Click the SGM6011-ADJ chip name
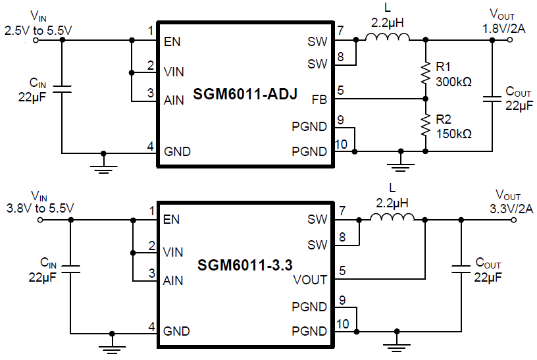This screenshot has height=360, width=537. tap(245, 95)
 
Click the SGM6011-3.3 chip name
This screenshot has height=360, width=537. tap(245, 266)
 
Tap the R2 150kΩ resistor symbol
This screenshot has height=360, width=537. tap(425, 126)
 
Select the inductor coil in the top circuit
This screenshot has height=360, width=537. tap(387, 39)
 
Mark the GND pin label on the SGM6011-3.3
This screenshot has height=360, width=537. tap(177, 330)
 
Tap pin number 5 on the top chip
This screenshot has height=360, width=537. tap(340, 90)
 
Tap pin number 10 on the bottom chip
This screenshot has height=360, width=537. tap(342, 324)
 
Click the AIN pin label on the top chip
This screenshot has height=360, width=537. tap(174, 100)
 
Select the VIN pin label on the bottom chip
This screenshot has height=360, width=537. tap(174, 251)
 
